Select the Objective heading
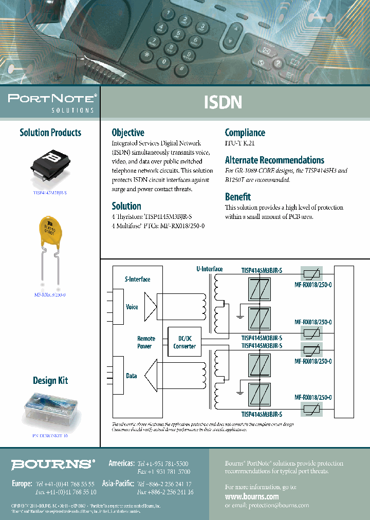click(128, 133)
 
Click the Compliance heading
click(245, 133)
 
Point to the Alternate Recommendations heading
click(274, 160)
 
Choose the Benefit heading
click(238, 197)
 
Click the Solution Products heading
click(50, 133)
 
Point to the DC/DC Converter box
click(184, 342)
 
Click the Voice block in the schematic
click(132, 307)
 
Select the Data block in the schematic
click(132, 376)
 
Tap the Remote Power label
click(146, 342)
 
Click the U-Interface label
click(209, 269)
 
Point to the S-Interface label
click(137, 280)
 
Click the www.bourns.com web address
click(252, 496)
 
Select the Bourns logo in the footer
click(53, 465)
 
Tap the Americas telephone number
click(163, 463)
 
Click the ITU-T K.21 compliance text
click(239, 144)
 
